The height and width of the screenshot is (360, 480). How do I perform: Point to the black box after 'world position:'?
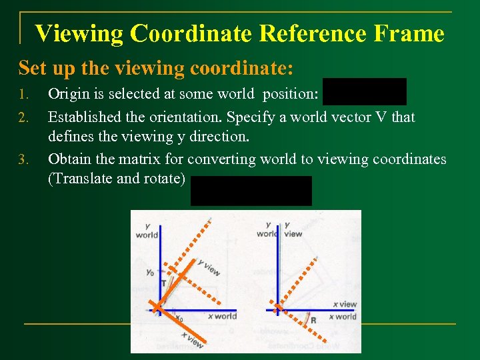coord(364,92)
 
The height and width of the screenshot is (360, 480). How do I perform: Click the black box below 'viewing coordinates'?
coord(251,191)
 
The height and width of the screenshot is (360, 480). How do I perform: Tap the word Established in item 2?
coord(89,117)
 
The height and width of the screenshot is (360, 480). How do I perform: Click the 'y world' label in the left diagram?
coord(147,230)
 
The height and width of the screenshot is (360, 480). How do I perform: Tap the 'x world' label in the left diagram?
coord(222,316)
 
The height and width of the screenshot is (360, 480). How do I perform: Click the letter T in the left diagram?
coord(163,283)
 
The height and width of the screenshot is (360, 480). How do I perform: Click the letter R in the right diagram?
coord(313,321)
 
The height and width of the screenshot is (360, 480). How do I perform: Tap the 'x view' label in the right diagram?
coord(345,304)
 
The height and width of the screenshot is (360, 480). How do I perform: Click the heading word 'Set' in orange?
coord(31,68)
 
